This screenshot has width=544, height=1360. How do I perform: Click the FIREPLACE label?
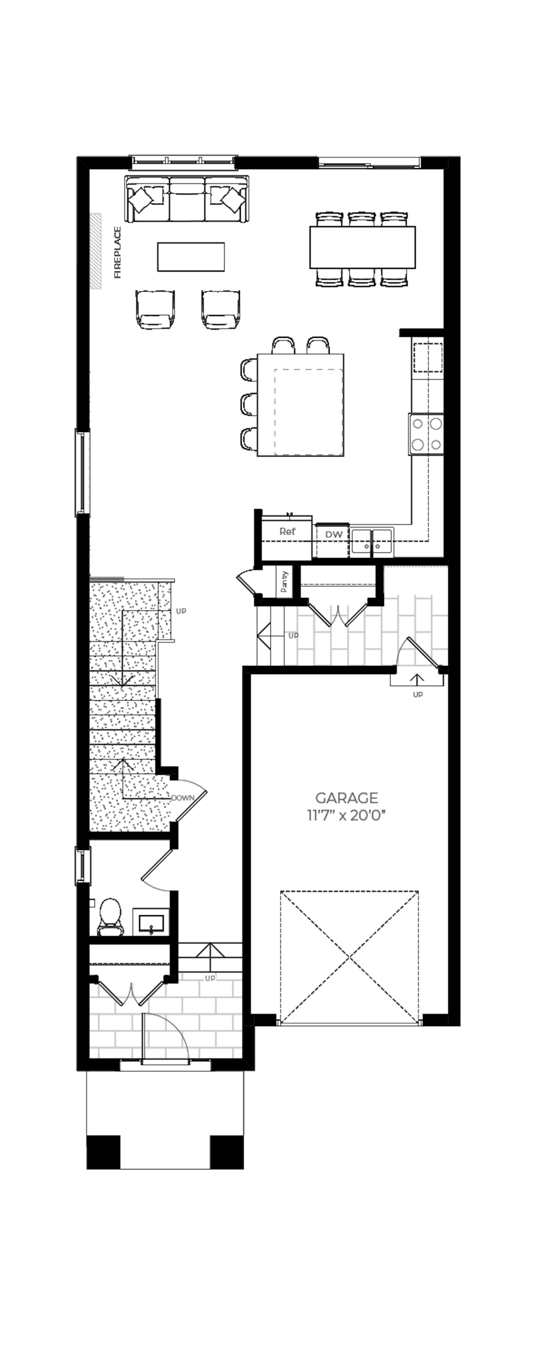point(117,253)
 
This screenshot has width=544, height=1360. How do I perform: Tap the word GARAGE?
point(346,798)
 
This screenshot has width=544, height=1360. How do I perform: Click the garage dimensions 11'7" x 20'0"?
point(346,816)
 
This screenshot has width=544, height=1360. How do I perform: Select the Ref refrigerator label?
point(287,532)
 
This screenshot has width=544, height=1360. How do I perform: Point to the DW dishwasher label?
point(334,534)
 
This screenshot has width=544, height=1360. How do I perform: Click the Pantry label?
point(284,581)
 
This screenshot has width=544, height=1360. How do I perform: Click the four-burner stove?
point(426,434)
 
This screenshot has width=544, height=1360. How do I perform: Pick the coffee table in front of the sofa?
point(191,257)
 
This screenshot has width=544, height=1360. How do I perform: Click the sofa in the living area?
point(187,199)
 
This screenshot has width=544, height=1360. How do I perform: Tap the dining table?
point(362,247)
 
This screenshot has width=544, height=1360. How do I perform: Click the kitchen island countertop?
point(301,405)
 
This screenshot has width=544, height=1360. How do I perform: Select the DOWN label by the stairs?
point(183,798)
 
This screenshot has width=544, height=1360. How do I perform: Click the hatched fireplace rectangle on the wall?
point(95,251)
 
